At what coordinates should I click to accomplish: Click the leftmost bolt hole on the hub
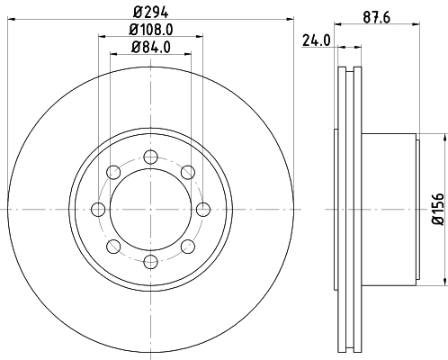tap(97, 209)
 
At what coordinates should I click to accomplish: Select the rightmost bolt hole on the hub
tap(203, 209)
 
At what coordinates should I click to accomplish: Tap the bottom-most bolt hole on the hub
tap(150, 262)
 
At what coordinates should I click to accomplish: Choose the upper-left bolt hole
tap(112, 172)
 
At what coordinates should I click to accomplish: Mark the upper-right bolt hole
tap(187, 172)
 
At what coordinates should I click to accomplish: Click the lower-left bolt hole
tap(112, 247)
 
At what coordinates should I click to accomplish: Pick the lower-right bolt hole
tap(187, 247)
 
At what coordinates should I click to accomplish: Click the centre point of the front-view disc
tap(150, 209)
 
